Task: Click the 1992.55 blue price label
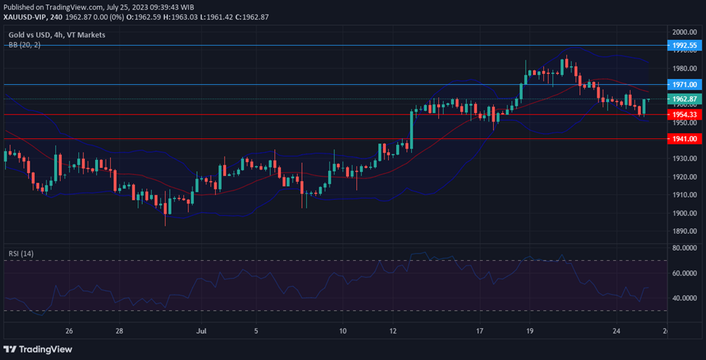coord(684,45)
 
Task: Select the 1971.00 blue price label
coord(684,85)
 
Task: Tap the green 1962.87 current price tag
coord(684,99)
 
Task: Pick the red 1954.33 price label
coord(684,114)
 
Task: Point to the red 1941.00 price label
coord(684,138)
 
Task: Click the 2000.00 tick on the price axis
coord(684,33)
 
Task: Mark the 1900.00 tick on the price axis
coord(684,213)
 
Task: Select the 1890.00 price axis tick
coord(684,231)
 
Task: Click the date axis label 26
coord(70,331)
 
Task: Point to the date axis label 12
coord(392,331)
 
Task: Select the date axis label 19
coord(529,331)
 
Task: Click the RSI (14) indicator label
coord(21,254)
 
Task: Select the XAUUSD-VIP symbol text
coord(27,17)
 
